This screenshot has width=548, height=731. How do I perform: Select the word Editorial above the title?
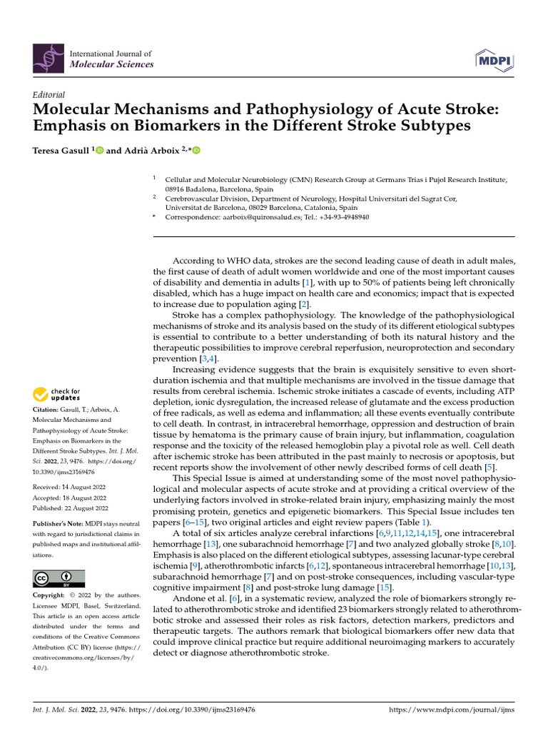pos(49,94)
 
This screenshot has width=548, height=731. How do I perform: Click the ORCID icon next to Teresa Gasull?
pos(99,150)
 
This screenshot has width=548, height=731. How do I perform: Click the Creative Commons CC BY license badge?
pos(59,578)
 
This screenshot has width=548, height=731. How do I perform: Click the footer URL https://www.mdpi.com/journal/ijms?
pos(451,710)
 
